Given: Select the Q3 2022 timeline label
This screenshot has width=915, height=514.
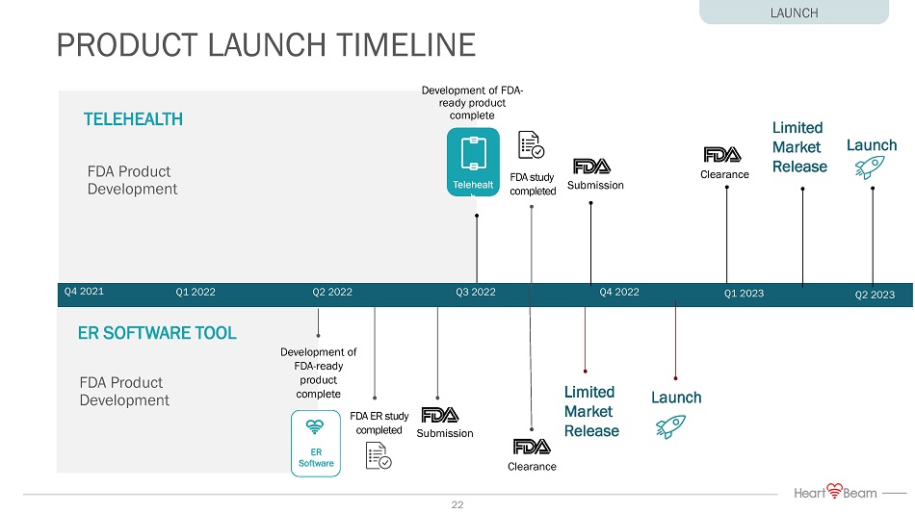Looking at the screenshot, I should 475,292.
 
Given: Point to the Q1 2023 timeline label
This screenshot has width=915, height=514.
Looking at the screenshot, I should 743,294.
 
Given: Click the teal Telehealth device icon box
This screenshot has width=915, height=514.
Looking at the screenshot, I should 473,162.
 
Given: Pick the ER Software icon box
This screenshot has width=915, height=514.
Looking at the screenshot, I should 316,443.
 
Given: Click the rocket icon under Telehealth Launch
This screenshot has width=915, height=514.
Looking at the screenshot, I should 870,169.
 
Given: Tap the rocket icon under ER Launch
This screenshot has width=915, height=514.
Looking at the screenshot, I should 669,424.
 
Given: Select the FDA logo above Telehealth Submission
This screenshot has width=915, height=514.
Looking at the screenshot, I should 591,166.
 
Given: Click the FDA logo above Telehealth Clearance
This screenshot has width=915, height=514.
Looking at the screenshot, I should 722,155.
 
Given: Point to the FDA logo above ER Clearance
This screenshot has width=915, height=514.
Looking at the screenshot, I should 532,447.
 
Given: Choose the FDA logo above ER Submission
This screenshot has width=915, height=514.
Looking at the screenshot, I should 440,415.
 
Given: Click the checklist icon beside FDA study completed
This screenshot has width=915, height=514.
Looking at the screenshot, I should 532,145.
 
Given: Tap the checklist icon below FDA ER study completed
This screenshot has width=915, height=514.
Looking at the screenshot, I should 379,455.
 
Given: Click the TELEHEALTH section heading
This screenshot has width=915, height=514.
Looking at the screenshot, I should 133,119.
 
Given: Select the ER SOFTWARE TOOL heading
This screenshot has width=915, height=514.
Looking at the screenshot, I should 157,333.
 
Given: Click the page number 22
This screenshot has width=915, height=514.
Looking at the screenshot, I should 457,504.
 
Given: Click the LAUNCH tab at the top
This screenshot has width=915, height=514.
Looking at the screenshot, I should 794,13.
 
